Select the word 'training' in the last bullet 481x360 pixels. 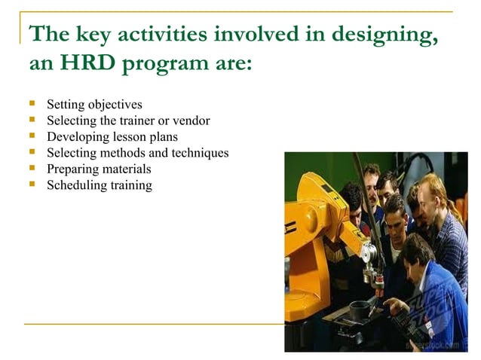coord(131,185)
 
